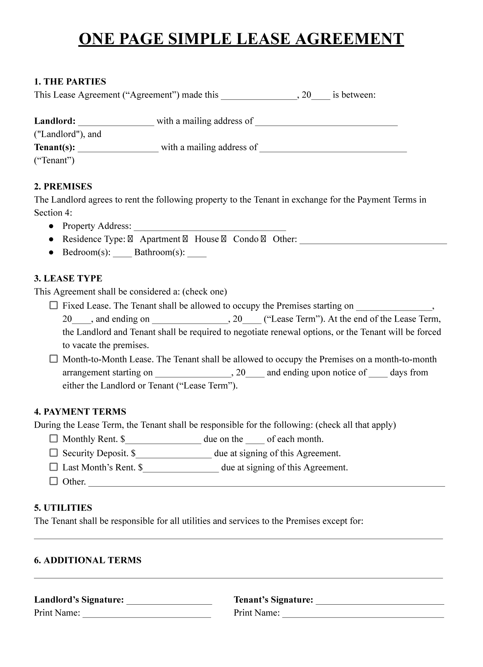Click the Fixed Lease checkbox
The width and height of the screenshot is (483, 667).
54,305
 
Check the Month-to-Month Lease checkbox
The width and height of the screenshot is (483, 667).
54,359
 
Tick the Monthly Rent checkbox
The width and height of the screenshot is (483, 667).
54,439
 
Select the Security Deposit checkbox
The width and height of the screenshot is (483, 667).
54,453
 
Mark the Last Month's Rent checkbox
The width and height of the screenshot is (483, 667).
54,467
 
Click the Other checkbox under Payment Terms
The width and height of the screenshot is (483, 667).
54,481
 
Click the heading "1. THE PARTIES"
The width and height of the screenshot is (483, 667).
70,82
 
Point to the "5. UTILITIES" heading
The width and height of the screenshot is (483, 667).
63,508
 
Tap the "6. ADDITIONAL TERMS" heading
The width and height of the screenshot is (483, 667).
88,560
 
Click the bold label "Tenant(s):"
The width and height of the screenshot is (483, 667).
55,147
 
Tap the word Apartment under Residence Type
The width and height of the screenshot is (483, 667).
160,239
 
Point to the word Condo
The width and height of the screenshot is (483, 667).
246,239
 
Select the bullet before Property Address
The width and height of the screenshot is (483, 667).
51,226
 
